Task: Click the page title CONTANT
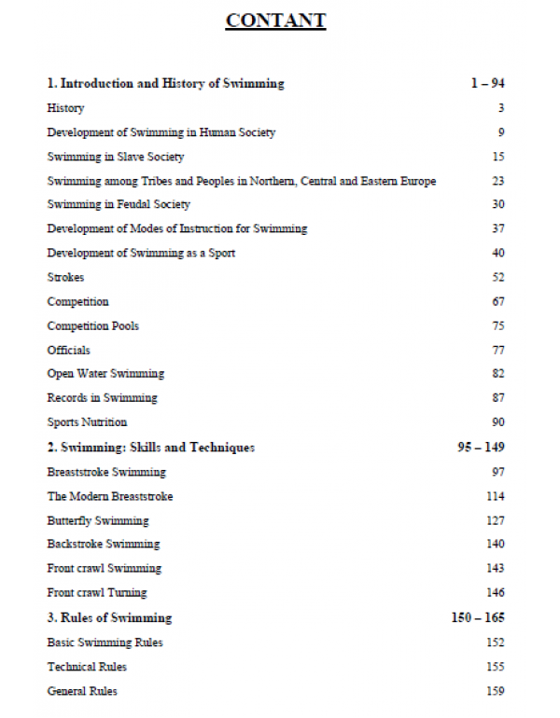pos(275,21)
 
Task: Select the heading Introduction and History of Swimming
pos(165,84)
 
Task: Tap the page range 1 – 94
pos(487,84)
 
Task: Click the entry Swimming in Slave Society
pos(116,157)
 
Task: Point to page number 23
pos(497,181)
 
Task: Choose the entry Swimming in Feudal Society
pos(119,204)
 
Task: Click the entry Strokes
pos(65,277)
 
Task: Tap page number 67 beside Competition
pos(497,301)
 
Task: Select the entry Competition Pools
pos(93,325)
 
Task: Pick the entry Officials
pos(69,350)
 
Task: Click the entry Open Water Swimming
pos(105,373)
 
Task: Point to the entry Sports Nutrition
pos(87,421)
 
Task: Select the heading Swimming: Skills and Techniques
pos(150,448)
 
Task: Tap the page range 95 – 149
pos(481,448)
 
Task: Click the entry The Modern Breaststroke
pos(110,496)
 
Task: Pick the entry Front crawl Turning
pos(97,592)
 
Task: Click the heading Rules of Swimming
pos(109,617)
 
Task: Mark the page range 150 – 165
pos(477,617)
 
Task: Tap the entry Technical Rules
pos(87,667)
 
